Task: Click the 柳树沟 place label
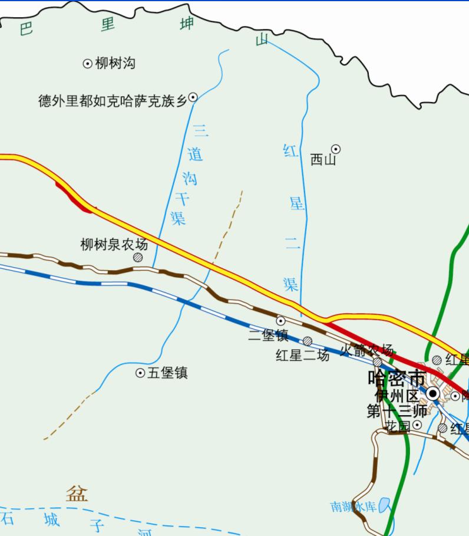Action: (115, 63)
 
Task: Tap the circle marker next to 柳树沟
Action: (87, 64)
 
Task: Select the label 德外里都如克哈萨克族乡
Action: (113, 101)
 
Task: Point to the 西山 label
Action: (323, 159)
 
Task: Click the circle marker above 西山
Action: (336, 149)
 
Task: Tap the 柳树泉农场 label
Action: (114, 244)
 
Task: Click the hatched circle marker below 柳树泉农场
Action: (138, 257)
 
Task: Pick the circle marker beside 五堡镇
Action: (140, 373)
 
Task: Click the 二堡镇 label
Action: (268, 336)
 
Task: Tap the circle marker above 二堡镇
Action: (281, 321)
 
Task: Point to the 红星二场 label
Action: (302, 355)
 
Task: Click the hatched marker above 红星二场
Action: (308, 341)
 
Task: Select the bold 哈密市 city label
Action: (396, 378)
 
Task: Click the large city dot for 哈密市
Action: (434, 393)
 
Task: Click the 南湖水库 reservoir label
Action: (353, 507)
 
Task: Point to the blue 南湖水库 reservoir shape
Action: (385, 505)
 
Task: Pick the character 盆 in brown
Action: (77, 493)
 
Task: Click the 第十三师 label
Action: (397, 411)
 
